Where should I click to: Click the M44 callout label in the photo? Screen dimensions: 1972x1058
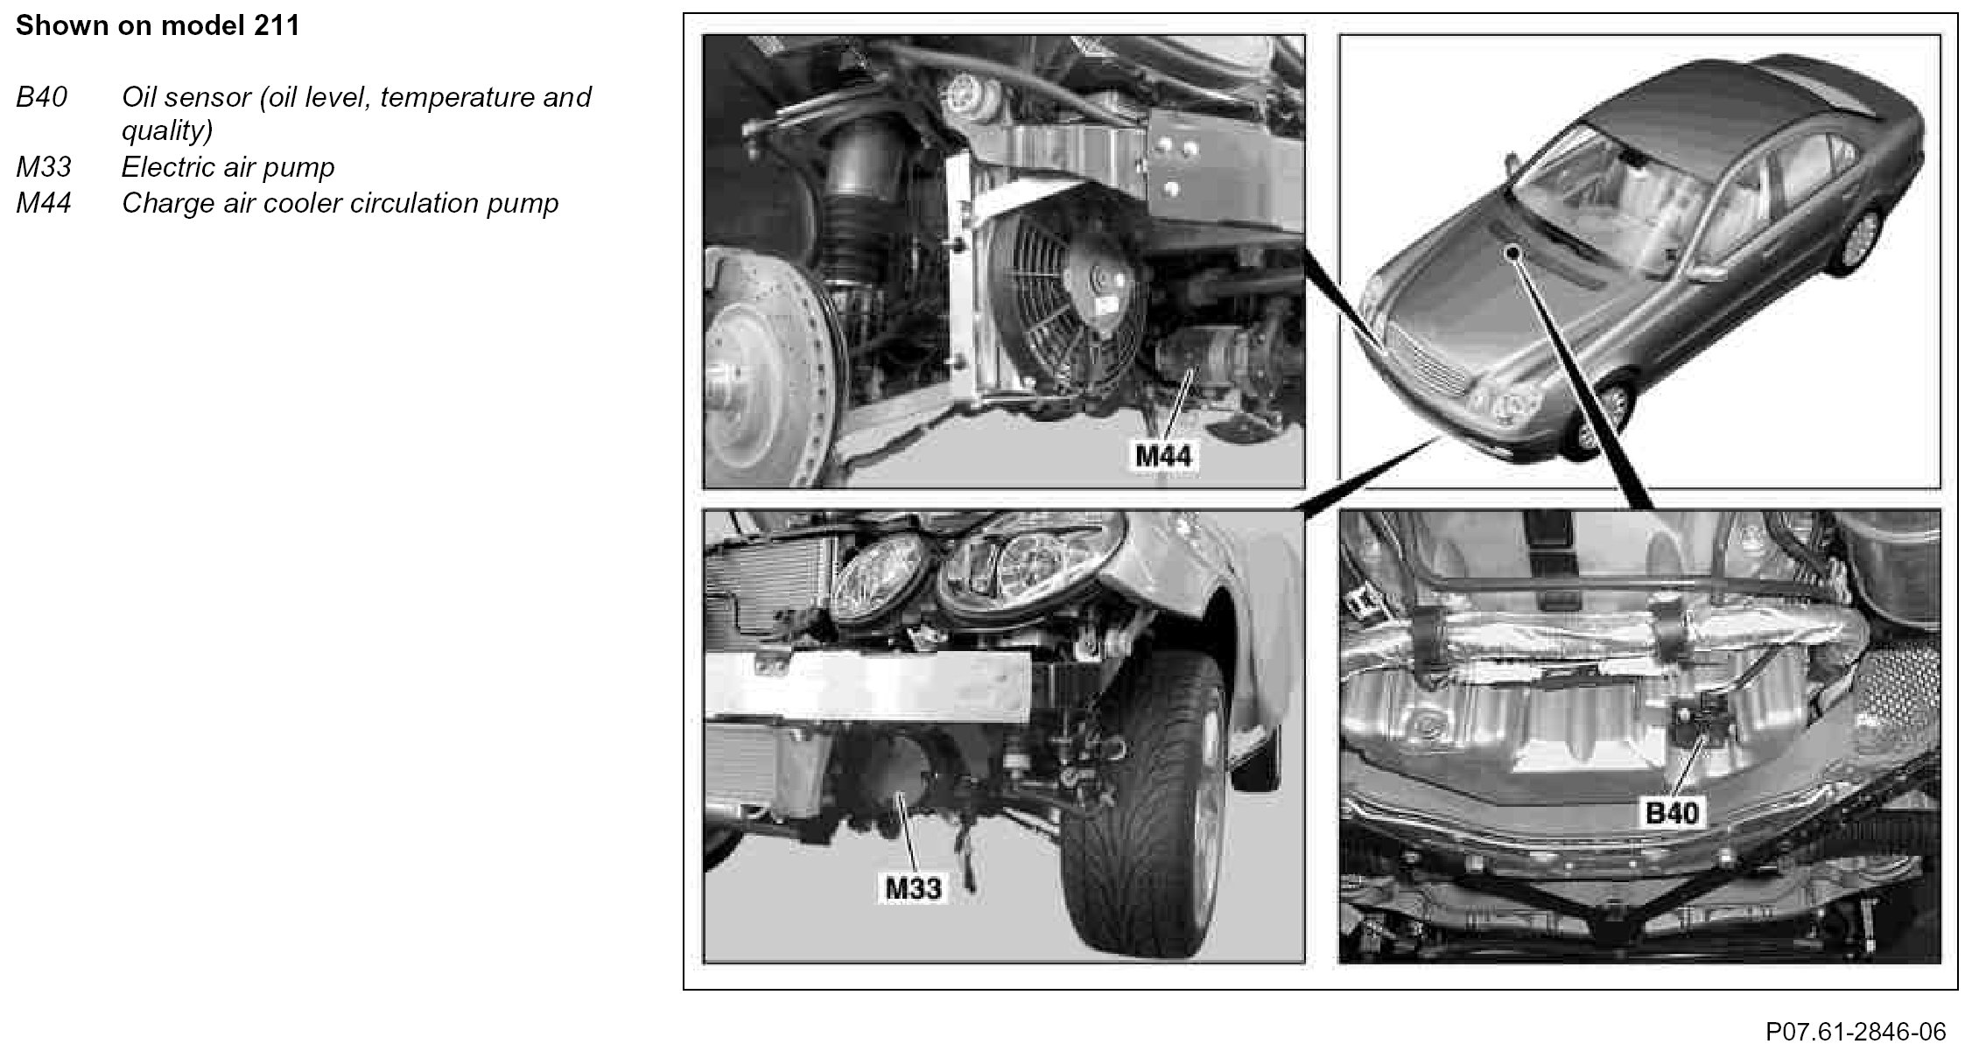(x=1163, y=455)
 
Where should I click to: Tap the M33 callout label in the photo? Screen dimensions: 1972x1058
(x=913, y=888)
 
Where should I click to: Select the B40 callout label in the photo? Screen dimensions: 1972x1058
(x=1672, y=813)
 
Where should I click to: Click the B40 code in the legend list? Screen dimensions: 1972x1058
(x=41, y=97)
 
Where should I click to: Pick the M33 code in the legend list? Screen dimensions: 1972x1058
(x=43, y=167)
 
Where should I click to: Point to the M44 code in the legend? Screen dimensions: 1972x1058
(x=43, y=203)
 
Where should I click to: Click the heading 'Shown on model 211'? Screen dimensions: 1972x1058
(x=158, y=26)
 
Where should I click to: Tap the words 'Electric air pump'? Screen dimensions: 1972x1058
(x=228, y=167)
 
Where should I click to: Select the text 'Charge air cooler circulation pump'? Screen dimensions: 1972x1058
(x=340, y=203)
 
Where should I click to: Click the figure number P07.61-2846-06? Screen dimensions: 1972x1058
(x=1856, y=1032)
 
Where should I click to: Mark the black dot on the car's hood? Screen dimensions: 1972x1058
(x=1511, y=253)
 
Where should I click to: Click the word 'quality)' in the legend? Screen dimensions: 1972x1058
(x=167, y=131)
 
